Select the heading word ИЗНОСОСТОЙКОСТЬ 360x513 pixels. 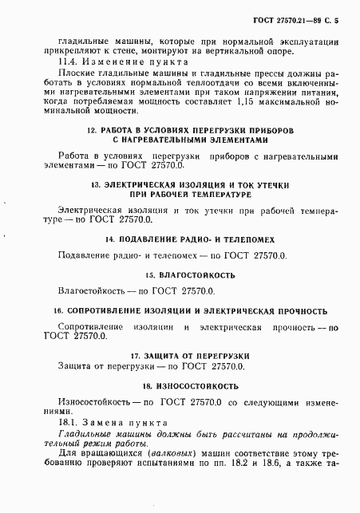tap(192, 386)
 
